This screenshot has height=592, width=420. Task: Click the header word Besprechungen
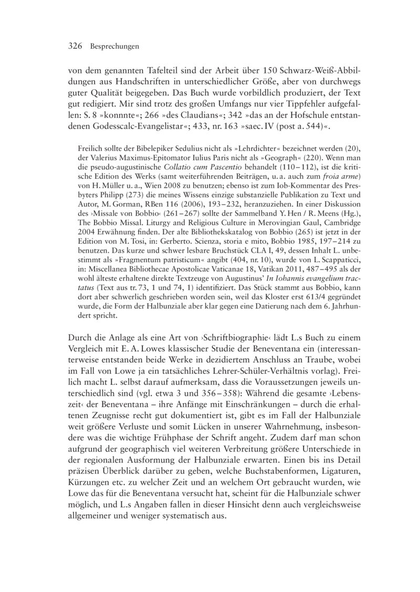click(x=114, y=47)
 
